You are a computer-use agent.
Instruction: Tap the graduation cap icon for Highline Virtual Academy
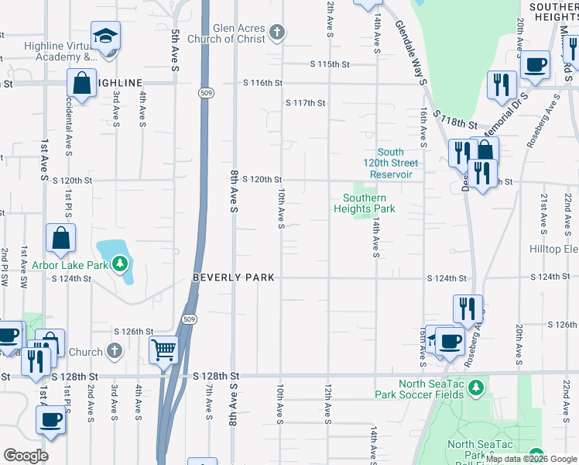click(x=105, y=36)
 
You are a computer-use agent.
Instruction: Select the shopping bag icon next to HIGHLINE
click(x=81, y=82)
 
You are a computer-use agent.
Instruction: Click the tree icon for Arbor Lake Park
click(x=119, y=264)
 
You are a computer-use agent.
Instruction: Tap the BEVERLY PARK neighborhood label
click(x=233, y=277)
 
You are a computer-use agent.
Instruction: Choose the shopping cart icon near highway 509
click(x=163, y=350)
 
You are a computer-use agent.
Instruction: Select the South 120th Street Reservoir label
click(x=393, y=164)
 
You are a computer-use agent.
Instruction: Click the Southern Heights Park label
click(x=365, y=203)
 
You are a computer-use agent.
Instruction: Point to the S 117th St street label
click(x=305, y=103)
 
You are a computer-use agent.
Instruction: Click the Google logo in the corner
click(x=26, y=456)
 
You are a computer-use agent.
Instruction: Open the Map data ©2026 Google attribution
click(x=532, y=459)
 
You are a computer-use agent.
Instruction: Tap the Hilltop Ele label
click(x=553, y=249)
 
